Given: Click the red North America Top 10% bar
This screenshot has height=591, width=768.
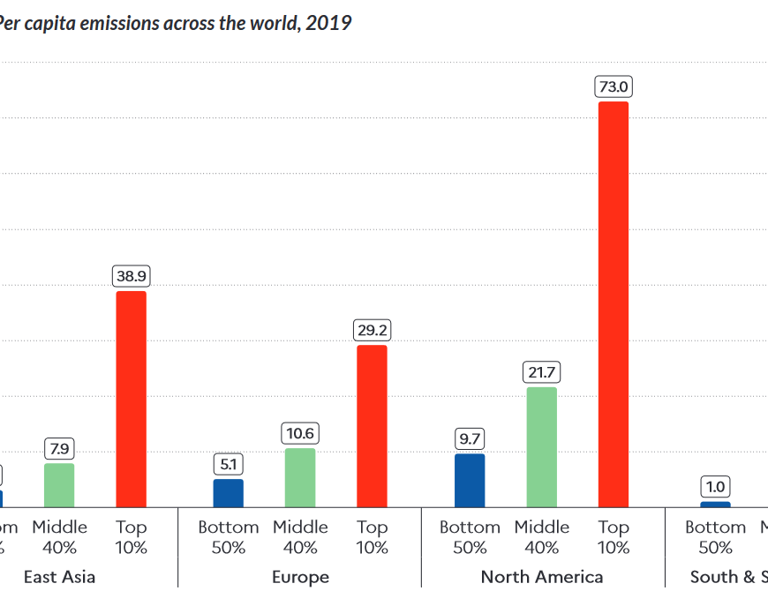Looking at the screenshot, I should [x=614, y=304].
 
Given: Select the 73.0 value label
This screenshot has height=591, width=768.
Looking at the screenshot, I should [x=614, y=86].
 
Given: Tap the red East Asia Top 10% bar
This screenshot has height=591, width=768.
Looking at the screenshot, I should [x=132, y=399].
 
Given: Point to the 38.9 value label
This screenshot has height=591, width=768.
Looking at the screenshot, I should [x=132, y=276].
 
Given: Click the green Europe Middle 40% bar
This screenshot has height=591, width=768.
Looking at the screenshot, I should [x=300, y=477].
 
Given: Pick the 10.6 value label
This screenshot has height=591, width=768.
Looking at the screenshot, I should [x=300, y=433].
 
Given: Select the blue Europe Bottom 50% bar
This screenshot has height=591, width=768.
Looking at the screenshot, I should [x=229, y=493].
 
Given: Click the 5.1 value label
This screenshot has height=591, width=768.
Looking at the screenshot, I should [x=229, y=464].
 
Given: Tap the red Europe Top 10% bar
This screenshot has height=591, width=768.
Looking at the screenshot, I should [x=372, y=426].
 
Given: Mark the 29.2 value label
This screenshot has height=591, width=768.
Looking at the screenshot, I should [x=372, y=331].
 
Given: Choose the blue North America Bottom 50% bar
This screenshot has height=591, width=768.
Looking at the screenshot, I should [x=470, y=480].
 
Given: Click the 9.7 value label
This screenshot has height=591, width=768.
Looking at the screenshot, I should [x=470, y=438].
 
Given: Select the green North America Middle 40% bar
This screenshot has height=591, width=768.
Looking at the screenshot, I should [x=542, y=446].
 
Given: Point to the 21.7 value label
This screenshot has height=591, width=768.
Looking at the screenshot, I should [x=542, y=372].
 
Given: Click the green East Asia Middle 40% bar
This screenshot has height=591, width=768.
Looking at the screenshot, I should [x=59, y=485].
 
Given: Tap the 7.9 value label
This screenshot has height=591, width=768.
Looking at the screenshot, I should [x=59, y=448].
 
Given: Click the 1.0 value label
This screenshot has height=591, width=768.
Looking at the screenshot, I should [x=715, y=487].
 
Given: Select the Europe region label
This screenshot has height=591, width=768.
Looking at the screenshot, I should [x=300, y=577].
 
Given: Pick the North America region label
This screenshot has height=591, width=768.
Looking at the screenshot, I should [x=542, y=577].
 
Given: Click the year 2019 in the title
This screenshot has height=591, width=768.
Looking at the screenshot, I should [x=328, y=23].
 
